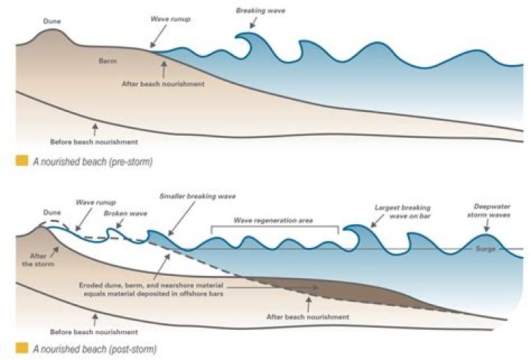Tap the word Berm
point(110,62)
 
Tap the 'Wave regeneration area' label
point(274,220)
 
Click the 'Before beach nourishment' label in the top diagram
point(94,141)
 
